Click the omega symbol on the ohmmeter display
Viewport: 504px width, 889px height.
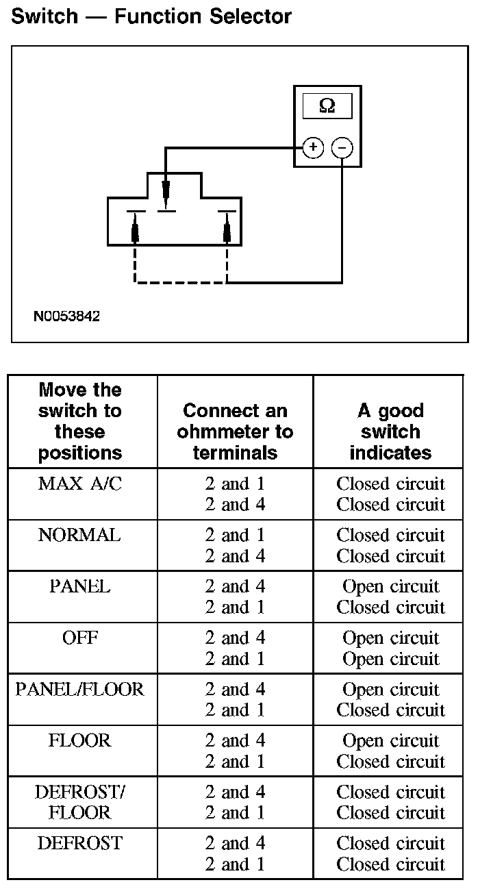[327, 105]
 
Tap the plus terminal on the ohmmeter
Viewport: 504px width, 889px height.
[313, 147]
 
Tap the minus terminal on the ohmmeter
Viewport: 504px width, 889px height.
[342, 147]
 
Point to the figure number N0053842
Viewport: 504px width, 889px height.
[66, 316]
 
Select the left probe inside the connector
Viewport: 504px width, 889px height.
[136, 229]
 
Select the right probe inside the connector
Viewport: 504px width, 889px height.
[227, 229]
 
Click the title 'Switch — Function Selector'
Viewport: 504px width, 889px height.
[151, 16]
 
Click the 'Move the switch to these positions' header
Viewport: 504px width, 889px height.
[80, 421]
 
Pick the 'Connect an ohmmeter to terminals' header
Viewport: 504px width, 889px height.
[235, 431]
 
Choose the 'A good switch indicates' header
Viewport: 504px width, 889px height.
[390, 431]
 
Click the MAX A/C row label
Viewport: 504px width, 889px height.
[80, 484]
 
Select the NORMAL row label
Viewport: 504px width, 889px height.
[79, 535]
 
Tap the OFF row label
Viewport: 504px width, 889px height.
[80, 638]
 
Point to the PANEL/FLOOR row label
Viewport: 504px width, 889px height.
[80, 689]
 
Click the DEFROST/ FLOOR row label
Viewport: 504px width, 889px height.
[80, 802]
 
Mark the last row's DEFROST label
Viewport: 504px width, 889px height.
[80, 843]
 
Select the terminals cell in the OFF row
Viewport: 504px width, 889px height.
[235, 648]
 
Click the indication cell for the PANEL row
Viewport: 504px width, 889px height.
[390, 597]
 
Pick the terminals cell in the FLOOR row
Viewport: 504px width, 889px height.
[235, 751]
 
